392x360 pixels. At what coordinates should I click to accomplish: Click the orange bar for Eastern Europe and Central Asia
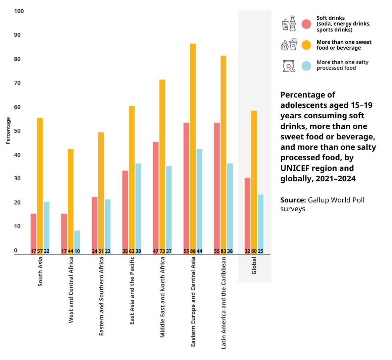click(x=193, y=147)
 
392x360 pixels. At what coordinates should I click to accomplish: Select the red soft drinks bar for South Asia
click(x=33, y=233)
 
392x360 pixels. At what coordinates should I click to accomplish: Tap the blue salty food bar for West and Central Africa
click(x=77, y=241)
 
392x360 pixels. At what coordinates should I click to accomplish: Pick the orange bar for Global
click(x=254, y=181)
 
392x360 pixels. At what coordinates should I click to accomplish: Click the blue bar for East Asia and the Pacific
click(x=138, y=208)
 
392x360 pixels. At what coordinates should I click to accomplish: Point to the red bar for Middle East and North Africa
click(x=156, y=198)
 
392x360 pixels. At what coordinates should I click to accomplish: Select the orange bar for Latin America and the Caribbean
click(x=223, y=154)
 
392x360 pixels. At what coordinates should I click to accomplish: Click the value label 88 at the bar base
click(x=193, y=251)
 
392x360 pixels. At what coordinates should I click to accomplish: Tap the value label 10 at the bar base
click(x=77, y=251)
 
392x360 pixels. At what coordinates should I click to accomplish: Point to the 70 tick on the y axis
click(x=17, y=83)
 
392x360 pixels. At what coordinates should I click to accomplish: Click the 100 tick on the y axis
click(x=19, y=11)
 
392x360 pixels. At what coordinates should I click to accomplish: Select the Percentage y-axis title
click(x=8, y=131)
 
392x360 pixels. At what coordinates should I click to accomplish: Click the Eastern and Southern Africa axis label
click(x=101, y=296)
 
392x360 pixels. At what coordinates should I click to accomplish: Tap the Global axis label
click(x=254, y=265)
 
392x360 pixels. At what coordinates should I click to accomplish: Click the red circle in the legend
click(x=306, y=24)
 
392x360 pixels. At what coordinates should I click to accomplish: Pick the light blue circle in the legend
click(x=306, y=66)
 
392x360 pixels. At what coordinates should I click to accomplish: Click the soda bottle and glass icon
click(x=289, y=23)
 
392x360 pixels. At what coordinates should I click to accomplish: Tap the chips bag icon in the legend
click(x=289, y=66)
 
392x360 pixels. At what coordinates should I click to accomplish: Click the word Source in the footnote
click(x=293, y=200)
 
